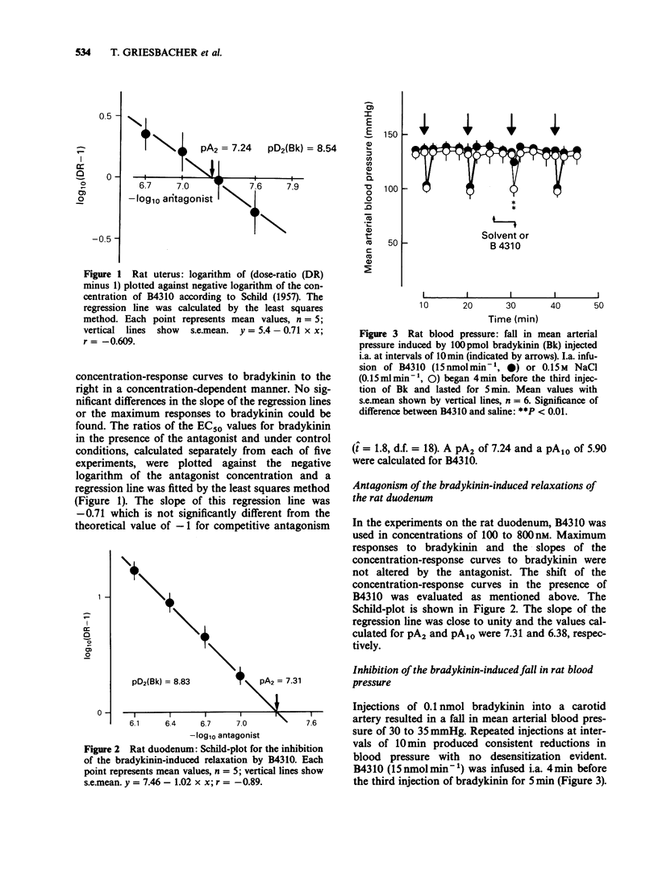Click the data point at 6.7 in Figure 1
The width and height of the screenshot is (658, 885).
pos(146,134)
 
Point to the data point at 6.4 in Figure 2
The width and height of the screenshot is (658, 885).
pos(169,602)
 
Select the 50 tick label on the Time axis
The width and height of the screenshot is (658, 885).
pos(598,307)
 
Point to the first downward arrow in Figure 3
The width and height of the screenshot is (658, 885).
pos(425,126)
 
